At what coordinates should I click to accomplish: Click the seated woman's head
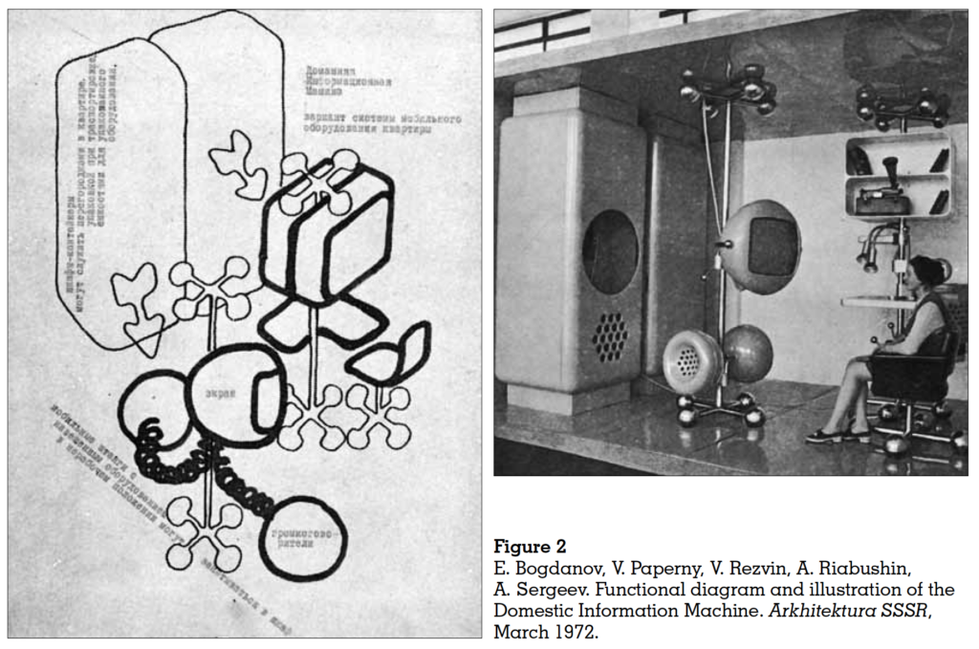coord(925,272)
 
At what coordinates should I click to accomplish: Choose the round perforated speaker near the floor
coord(690,360)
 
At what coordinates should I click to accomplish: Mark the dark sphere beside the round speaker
coord(748,353)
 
